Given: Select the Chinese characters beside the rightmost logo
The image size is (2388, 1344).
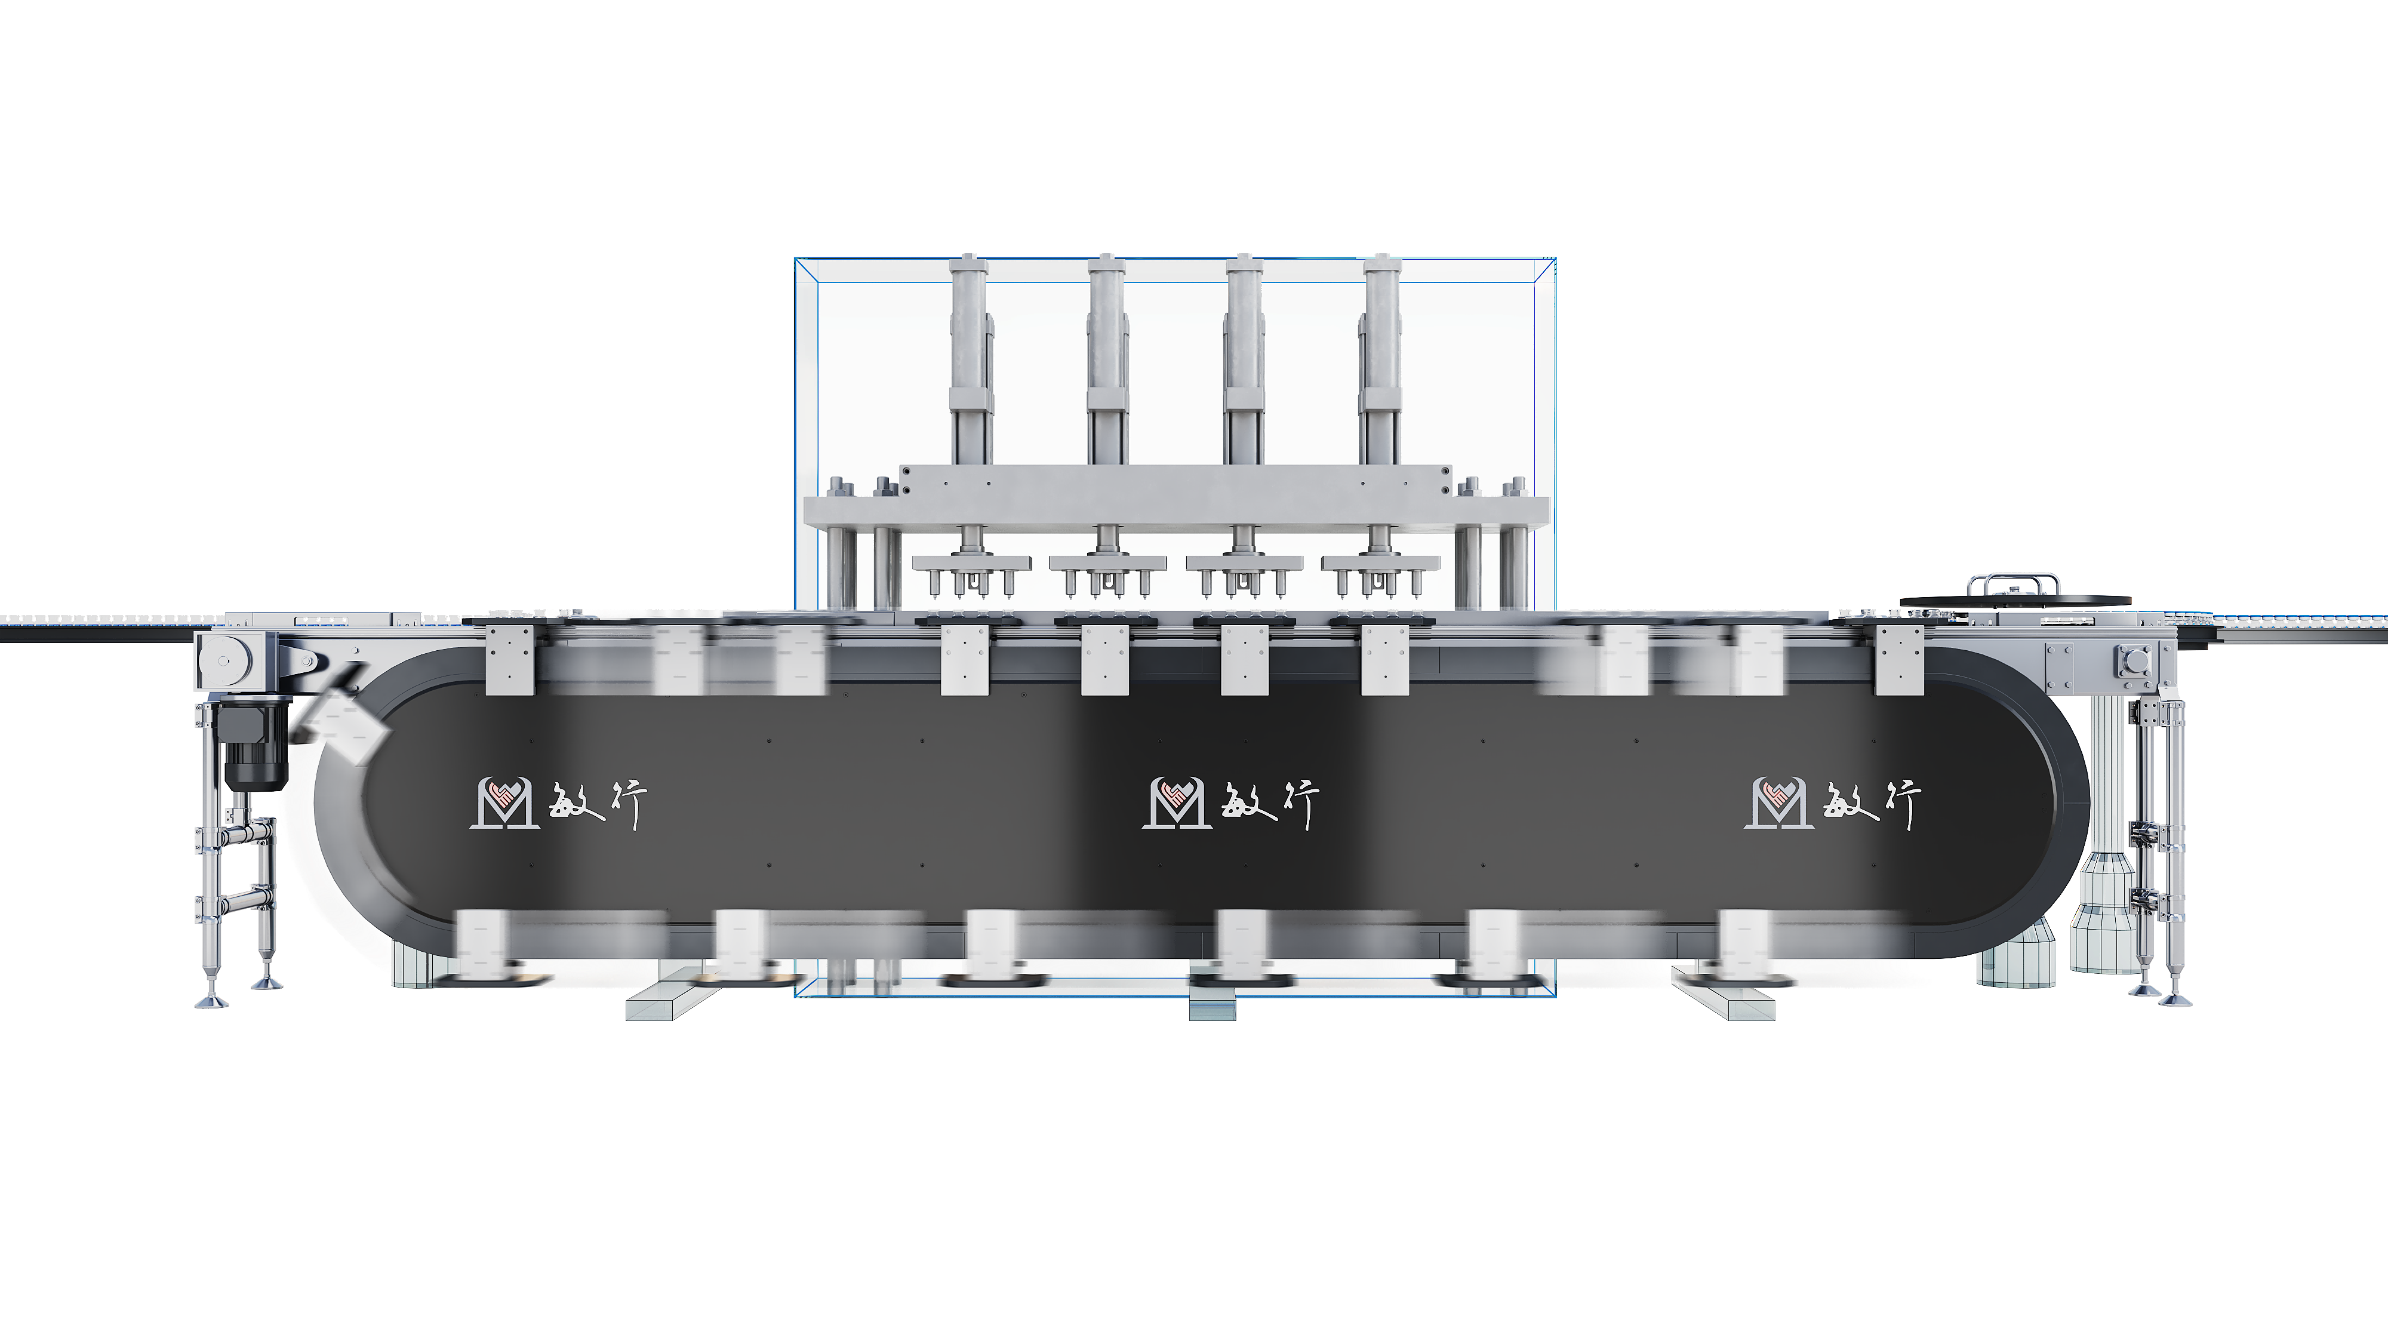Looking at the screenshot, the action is point(1873,802).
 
